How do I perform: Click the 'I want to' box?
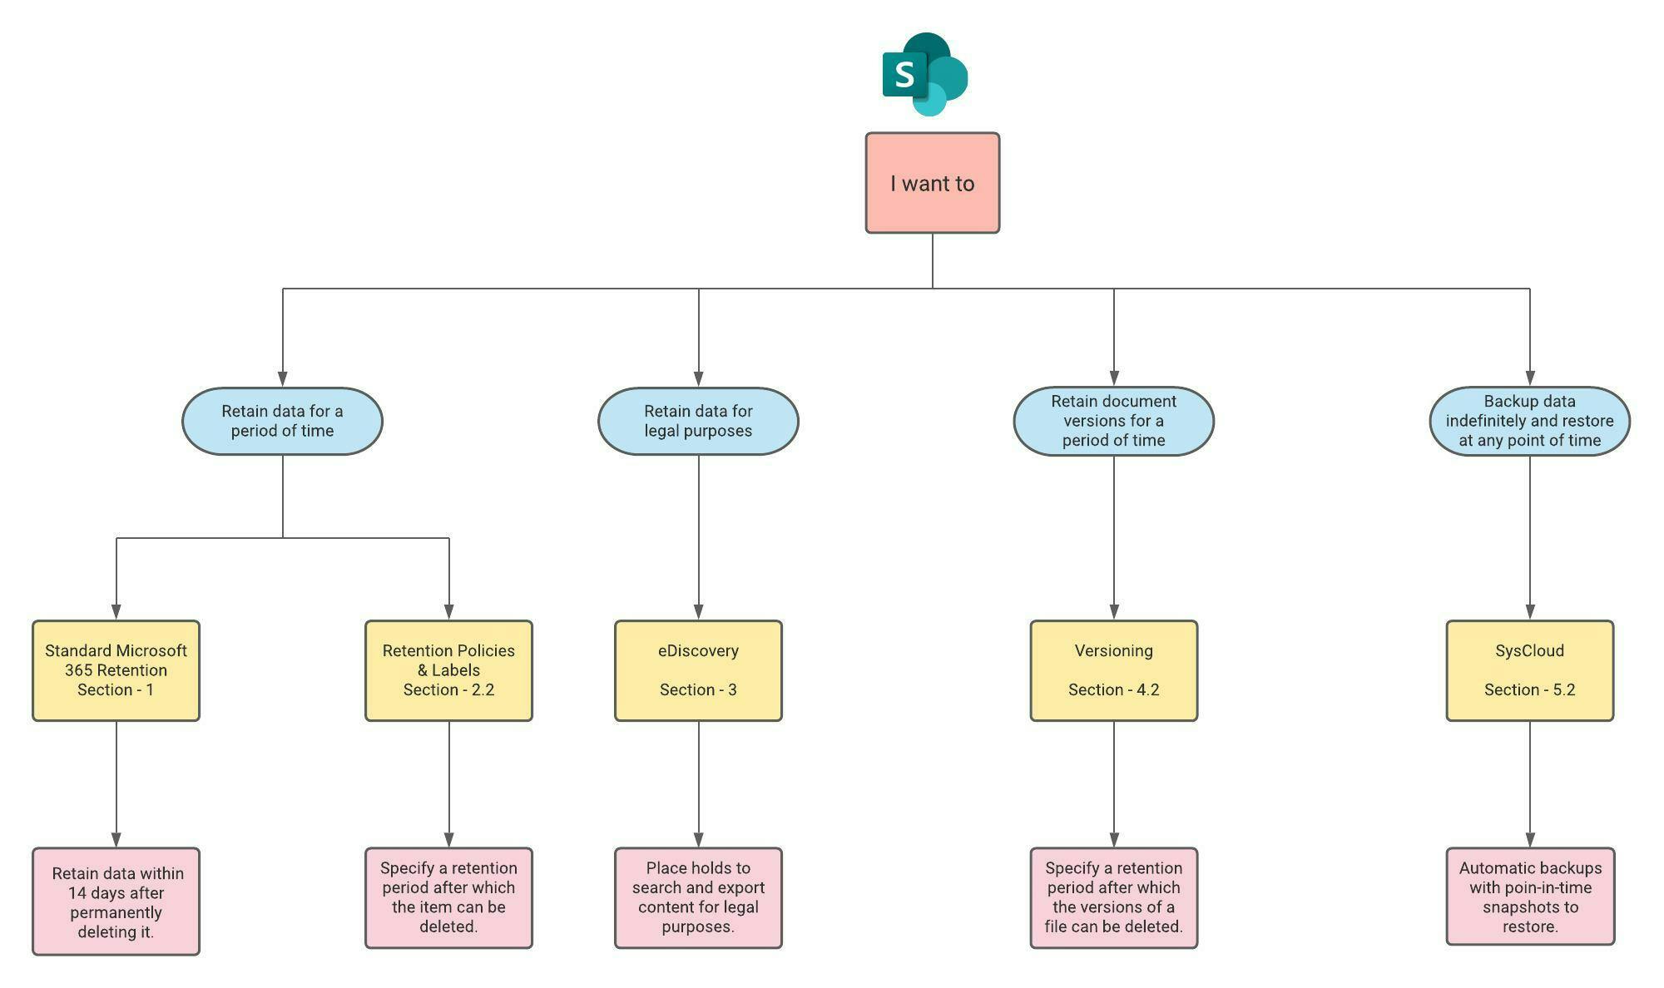pyautogui.click(x=932, y=183)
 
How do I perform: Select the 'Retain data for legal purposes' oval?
pyautogui.click(x=698, y=421)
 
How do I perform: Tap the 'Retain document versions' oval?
pyautogui.click(x=1113, y=421)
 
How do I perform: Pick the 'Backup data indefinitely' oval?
pyautogui.click(x=1529, y=421)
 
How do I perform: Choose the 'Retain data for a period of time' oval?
pyautogui.click(x=282, y=421)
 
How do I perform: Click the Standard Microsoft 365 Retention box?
pyautogui.click(x=116, y=670)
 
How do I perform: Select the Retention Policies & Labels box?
pyautogui.click(x=448, y=670)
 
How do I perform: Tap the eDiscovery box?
pyautogui.click(x=698, y=670)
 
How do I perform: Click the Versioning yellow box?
pyautogui.click(x=1113, y=670)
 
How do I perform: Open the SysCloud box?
pyautogui.click(x=1529, y=670)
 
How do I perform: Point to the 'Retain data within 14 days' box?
pyautogui.click(x=116, y=902)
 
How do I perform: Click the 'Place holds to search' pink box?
pyautogui.click(x=698, y=898)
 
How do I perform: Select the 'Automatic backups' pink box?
pyautogui.click(x=1530, y=897)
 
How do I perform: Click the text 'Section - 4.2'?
pyautogui.click(x=1113, y=690)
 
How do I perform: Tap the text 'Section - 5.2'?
pyautogui.click(x=1529, y=690)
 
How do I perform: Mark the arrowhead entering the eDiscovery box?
pyautogui.click(x=698, y=612)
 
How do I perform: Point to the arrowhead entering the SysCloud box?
pyautogui.click(x=1529, y=612)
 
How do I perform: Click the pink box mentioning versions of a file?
pyautogui.click(x=1113, y=898)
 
